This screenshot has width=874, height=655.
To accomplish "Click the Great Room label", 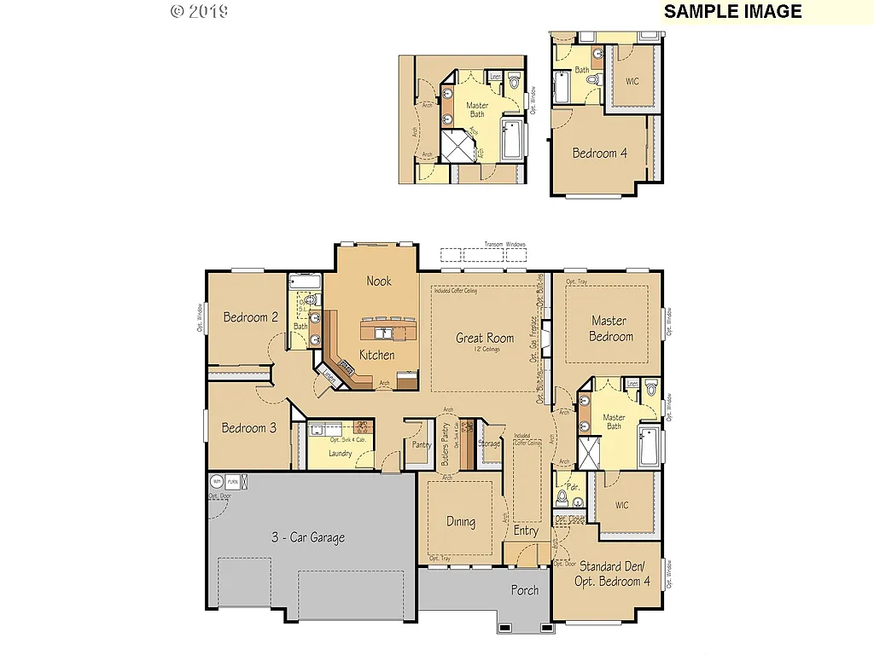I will click(x=485, y=338).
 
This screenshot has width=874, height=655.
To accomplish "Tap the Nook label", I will click(x=379, y=281).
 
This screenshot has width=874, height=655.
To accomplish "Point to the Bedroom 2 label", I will click(x=251, y=317).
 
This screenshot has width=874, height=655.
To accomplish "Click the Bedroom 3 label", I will click(x=249, y=428).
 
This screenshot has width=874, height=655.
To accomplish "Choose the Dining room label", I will click(x=461, y=522).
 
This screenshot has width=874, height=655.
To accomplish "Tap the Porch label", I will click(x=525, y=590).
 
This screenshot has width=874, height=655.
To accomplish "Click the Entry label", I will click(x=526, y=530).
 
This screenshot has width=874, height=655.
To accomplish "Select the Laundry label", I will click(x=340, y=453).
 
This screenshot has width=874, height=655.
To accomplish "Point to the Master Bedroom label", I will click(x=610, y=328).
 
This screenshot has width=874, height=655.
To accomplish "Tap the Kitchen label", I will click(x=376, y=355).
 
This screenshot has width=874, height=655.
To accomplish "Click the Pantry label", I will click(x=421, y=444).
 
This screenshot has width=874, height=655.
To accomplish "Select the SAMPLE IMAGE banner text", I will click(x=733, y=11).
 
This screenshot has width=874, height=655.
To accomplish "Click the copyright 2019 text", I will click(x=199, y=11).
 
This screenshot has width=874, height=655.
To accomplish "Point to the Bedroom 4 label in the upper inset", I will click(x=599, y=154).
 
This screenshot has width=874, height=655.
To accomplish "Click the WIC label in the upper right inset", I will click(x=632, y=82).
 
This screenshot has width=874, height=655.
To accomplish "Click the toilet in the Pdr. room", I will click(x=562, y=497).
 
